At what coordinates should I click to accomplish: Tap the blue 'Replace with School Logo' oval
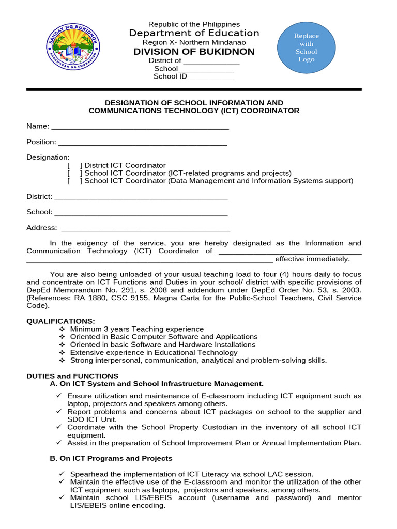coord(306,48)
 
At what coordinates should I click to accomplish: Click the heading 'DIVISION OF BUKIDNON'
coord(194,52)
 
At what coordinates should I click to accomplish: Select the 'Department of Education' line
coord(194,33)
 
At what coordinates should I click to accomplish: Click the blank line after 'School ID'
coord(211,77)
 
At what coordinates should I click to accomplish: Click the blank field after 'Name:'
coord(140,127)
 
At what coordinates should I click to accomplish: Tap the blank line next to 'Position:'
coord(142,142)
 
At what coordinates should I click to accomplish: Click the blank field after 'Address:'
coord(145,228)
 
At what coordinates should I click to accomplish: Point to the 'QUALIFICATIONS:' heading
coord(60,321)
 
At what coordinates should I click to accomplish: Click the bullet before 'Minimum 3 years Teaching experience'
coord(62,329)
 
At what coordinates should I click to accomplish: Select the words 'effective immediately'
coord(312,259)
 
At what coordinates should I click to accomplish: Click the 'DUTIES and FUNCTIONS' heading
coord(72,376)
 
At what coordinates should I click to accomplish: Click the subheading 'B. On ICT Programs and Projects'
coord(111,458)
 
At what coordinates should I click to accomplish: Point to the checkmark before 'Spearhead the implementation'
coord(62,474)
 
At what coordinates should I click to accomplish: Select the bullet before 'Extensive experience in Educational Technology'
coord(62,352)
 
